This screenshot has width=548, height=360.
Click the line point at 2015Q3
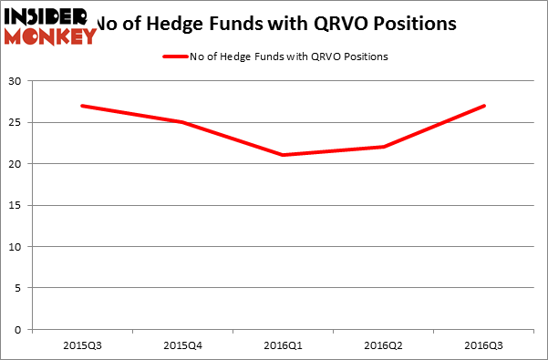click(82, 106)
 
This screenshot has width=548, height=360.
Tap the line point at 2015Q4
click(182, 122)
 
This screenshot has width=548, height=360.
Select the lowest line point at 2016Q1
click(283, 155)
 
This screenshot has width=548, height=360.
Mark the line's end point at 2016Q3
click(484, 106)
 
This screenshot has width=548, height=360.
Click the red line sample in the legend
click(176, 57)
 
